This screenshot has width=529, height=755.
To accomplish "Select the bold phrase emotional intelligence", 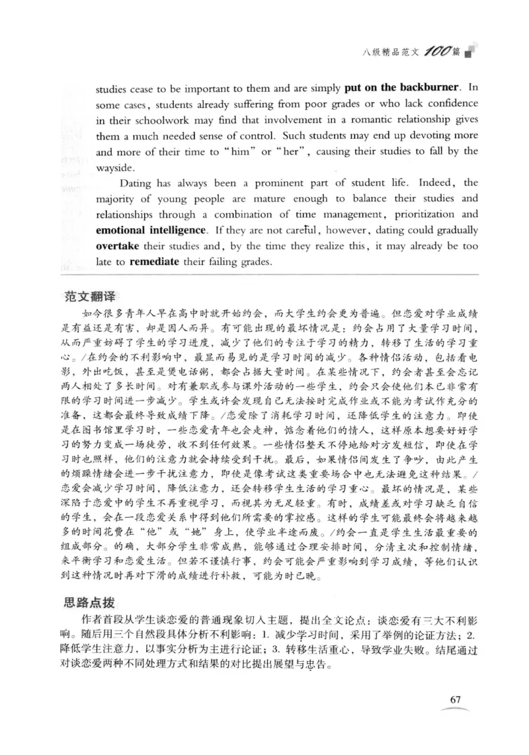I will [x=150, y=231].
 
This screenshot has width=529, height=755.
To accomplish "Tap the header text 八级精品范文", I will [x=395, y=50].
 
